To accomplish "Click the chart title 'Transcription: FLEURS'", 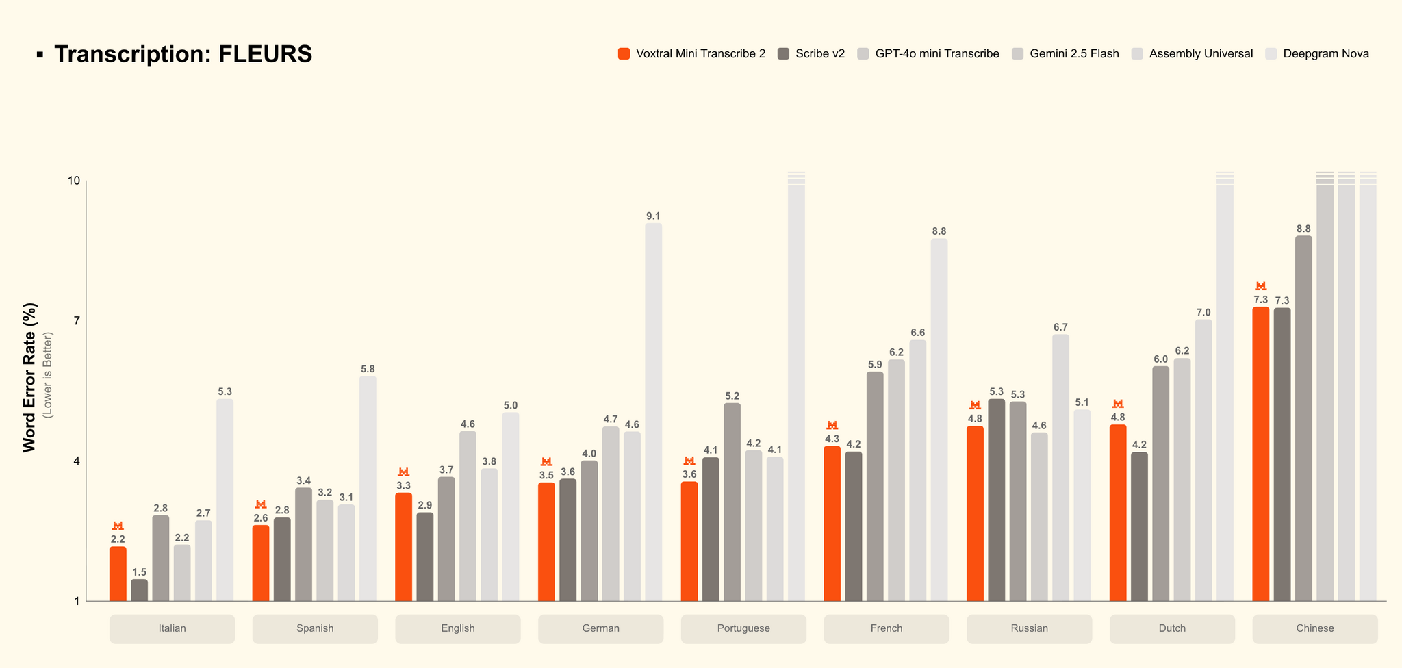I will coord(183,54).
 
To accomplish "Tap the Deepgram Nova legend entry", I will coord(1325,53).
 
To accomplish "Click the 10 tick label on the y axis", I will coord(73,181).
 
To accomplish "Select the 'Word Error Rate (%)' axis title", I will coord(29,377).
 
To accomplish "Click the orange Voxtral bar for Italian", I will coord(118,574).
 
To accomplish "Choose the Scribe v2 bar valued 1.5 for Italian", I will coord(139,590).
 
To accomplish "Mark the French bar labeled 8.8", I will coord(939,420).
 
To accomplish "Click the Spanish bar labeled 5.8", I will coord(368,488).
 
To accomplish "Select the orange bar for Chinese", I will coord(1260,454).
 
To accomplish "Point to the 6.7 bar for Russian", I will coord(1060,467).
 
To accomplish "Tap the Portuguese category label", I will coord(743,628).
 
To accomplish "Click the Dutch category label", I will coord(1172,628).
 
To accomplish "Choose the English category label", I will coord(458,628).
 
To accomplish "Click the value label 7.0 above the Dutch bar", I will coord(1203,313).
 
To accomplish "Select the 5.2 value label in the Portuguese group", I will coord(732,396).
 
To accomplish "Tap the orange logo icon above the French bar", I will coord(832,426).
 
